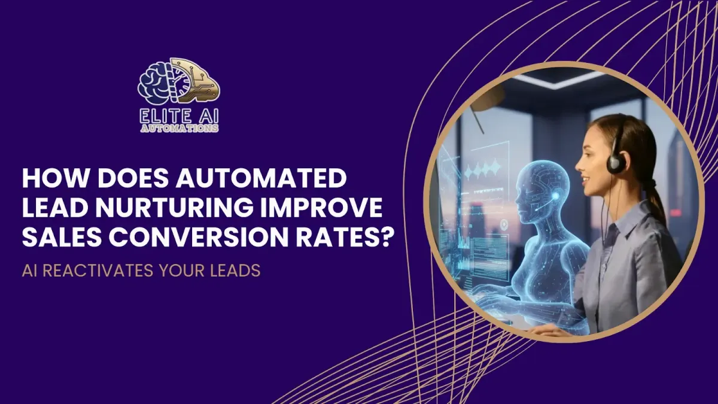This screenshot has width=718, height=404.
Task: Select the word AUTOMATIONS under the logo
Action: pyautogui.click(x=178, y=127)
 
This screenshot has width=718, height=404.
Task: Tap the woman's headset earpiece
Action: pyautogui.click(x=616, y=162)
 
